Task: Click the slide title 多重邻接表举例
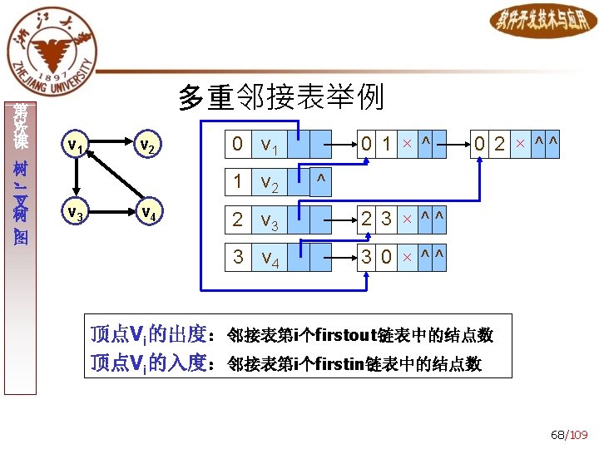[281, 97]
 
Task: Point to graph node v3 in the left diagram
[75, 214]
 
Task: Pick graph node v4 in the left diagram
[146, 214]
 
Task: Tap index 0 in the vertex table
[238, 145]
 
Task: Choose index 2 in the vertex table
[238, 220]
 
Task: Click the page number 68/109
[569, 435]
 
